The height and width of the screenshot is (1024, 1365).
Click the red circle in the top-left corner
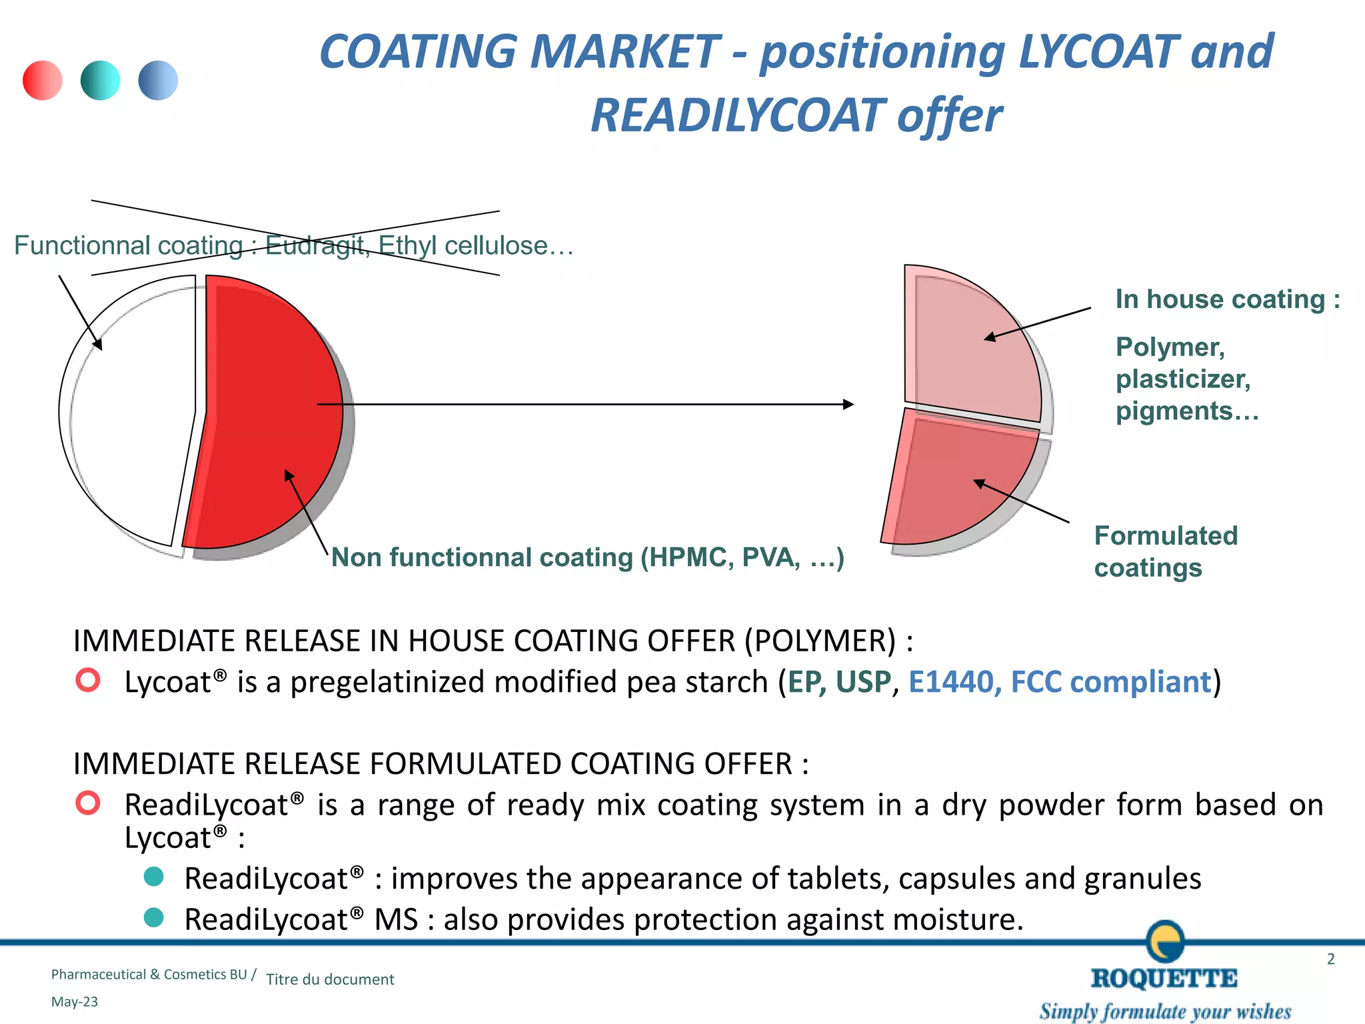point(43,81)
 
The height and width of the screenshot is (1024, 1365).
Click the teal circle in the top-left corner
point(101,81)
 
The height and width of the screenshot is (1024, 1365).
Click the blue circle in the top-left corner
point(158,81)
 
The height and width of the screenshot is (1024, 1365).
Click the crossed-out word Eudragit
point(315,246)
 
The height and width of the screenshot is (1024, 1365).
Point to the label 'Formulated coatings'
point(1165,551)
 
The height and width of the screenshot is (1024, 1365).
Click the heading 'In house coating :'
point(1227,299)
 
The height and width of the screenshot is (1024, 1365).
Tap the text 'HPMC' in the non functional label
point(689,557)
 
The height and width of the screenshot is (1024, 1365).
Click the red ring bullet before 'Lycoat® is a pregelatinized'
point(88,680)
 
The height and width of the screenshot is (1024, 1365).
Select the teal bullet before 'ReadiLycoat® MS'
point(154,917)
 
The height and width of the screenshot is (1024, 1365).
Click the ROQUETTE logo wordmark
point(1164,978)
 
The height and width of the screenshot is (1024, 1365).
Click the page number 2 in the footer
point(1330,959)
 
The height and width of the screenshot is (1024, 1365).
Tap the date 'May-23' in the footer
point(75,1002)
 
